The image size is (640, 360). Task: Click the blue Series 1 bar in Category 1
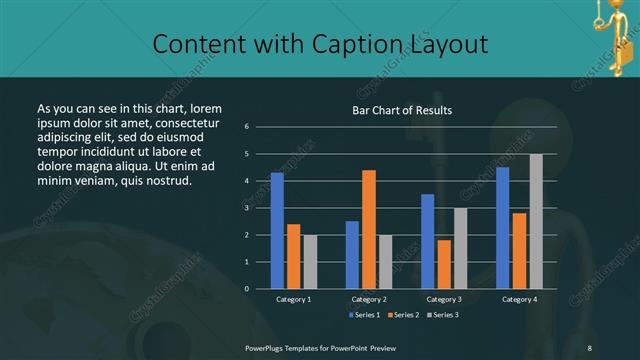[277, 230]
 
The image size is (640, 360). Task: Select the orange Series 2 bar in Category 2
[369, 229]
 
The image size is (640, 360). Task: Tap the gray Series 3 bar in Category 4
[536, 221]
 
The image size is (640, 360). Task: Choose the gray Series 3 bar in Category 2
[385, 261]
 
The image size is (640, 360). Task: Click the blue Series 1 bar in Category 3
[427, 241]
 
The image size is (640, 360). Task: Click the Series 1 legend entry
[362, 315]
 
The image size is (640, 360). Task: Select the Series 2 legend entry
[402, 315]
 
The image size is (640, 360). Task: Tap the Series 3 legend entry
[443, 315]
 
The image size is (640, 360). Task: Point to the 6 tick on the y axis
[260, 127]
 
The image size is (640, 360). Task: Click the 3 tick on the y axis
[260, 208]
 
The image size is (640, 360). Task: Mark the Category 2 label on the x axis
[369, 299]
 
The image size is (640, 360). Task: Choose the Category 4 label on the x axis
[519, 299]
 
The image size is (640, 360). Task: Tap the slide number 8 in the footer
[590, 346]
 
